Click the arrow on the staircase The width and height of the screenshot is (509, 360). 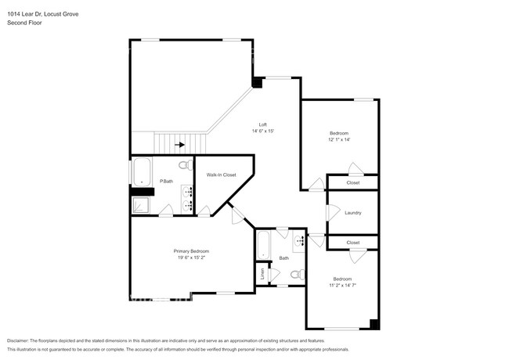click(181, 145)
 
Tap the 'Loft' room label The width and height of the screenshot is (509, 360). click(263, 124)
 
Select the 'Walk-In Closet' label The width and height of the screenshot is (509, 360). click(221, 175)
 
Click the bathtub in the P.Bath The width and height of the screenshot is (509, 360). click(142, 172)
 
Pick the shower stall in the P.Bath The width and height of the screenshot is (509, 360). click(139, 204)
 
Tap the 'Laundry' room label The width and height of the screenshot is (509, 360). click(352, 212)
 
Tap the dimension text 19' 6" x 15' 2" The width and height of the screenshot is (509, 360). click(191, 257)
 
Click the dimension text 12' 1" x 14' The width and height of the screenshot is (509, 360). click(339, 140)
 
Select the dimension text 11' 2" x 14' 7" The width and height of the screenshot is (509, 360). click(342, 285)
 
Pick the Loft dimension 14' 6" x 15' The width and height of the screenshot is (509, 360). click(263, 131)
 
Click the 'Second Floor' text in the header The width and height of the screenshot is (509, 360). click(24, 23)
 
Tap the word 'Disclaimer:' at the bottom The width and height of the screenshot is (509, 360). click(21, 341)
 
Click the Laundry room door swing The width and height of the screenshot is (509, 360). click(332, 213)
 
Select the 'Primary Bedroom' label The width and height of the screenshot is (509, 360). click(191, 250)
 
